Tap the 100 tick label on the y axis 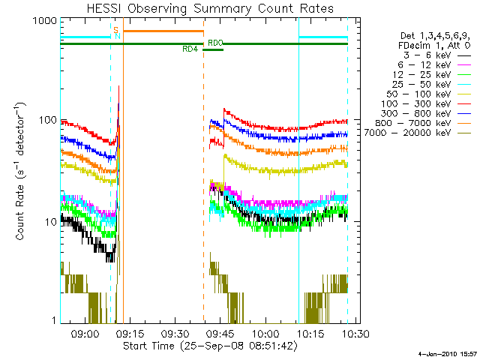(46, 120)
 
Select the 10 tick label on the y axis (49, 222)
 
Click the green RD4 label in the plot (190, 49)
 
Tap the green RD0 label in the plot (214, 43)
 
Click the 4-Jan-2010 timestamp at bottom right (447, 352)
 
